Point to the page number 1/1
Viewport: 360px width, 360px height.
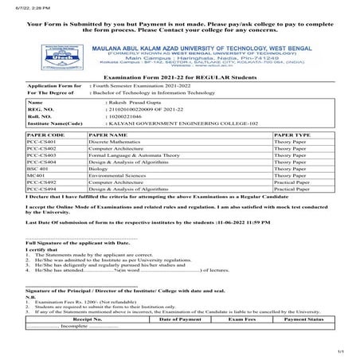[340, 351]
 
